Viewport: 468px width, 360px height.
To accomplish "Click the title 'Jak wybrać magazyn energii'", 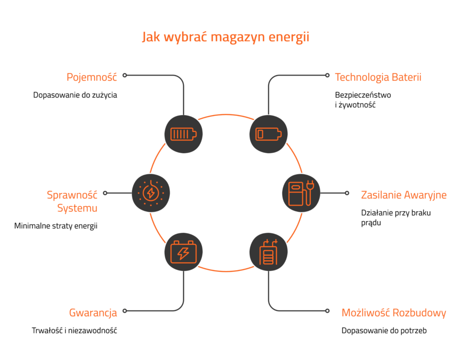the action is [225, 38].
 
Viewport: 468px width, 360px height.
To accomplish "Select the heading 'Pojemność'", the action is [91, 77].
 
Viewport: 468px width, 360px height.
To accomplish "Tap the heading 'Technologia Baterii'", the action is [378, 77].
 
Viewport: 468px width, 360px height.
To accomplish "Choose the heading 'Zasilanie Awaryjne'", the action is [404, 195].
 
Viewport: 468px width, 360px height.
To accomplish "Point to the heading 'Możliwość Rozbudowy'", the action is [394, 313].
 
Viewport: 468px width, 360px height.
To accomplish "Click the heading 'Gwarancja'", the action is [93, 313].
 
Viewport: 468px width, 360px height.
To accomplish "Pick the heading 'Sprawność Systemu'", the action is [72, 201].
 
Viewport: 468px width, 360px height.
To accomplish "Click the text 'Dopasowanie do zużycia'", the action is [75, 95].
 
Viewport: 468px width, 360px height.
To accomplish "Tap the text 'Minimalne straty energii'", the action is [56, 226].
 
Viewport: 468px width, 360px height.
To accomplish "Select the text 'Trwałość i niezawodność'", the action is [74, 330].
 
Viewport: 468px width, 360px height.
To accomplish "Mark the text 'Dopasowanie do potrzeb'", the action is [384, 331].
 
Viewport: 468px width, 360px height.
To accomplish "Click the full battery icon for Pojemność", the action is [183, 134].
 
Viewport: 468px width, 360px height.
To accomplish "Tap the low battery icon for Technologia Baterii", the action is [268, 134].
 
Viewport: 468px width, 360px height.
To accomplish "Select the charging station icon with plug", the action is [301, 193].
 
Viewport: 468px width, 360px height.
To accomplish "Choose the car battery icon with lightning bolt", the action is [183, 252].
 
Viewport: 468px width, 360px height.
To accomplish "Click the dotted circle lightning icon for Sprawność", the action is [151, 193].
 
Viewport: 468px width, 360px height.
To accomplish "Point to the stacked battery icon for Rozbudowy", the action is [268, 252].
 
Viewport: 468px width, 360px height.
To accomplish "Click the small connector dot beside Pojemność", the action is [125, 75].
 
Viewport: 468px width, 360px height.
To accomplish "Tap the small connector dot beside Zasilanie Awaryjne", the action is [347, 193].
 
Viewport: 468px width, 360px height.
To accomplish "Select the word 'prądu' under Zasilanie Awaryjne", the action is [371, 223].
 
